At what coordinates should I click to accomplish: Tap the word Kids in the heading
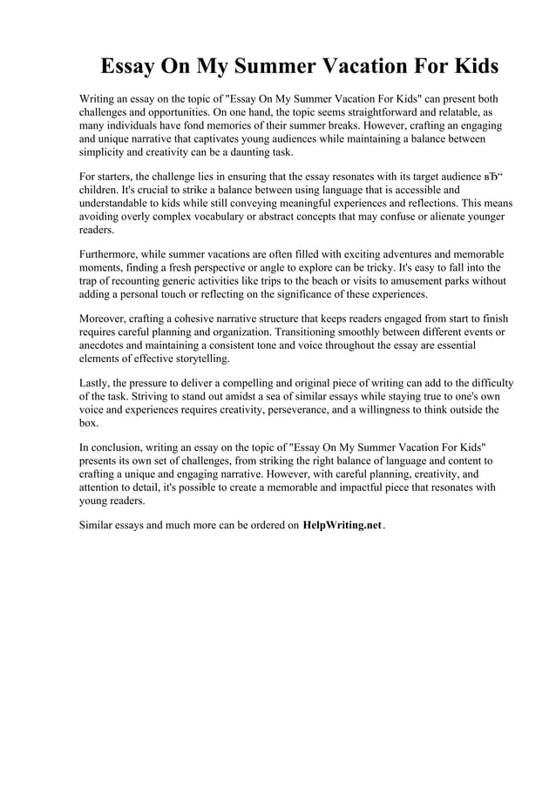tap(471, 67)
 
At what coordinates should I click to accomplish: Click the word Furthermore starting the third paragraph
tap(112, 254)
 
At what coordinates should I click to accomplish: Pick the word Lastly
tap(96, 382)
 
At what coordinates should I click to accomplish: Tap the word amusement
tap(415, 281)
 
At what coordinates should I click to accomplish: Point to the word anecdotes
tap(106, 346)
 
